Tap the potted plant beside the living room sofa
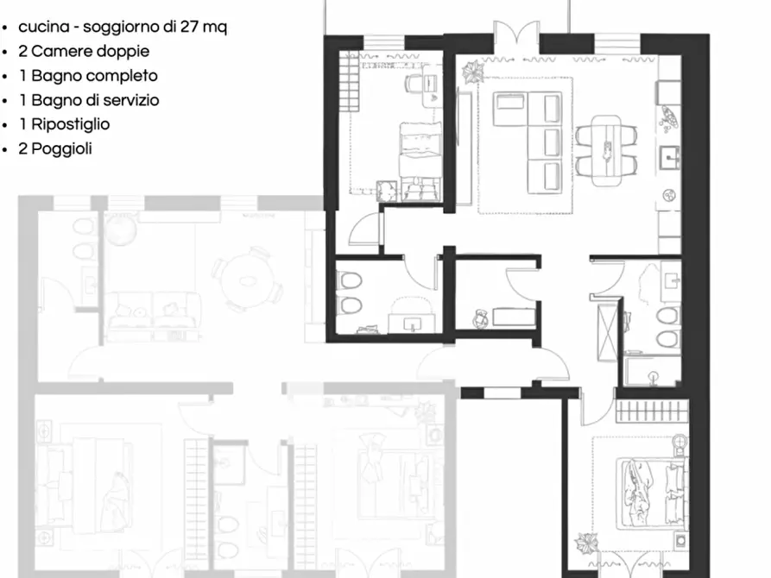[x=471, y=72]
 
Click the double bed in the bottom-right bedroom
[x=642, y=493]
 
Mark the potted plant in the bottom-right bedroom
[x=588, y=543]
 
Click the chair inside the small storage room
[x=481, y=317]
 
